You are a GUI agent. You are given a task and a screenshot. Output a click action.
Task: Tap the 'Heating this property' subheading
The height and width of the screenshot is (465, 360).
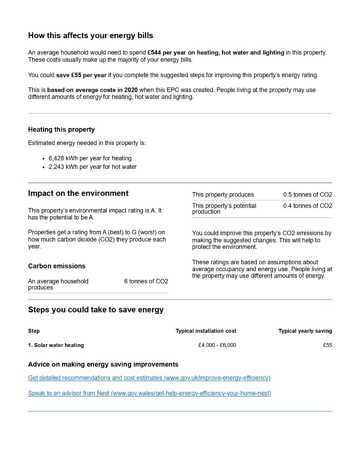point(61,129)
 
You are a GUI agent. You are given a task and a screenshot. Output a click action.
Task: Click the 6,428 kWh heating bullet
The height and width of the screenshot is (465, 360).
point(90,158)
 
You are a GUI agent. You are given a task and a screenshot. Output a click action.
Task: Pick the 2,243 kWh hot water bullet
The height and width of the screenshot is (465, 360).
point(93,167)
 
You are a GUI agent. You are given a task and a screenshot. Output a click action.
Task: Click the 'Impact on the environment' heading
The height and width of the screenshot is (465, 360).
point(78,193)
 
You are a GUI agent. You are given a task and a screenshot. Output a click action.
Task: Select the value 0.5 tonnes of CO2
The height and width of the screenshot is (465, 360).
point(307,195)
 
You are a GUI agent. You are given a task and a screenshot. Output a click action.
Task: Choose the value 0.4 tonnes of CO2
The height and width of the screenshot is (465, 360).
point(307,206)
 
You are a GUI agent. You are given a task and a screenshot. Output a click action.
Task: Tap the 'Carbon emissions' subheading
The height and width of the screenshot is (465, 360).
point(57,266)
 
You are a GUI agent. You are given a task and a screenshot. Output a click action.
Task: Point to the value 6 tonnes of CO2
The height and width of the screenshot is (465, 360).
point(146,282)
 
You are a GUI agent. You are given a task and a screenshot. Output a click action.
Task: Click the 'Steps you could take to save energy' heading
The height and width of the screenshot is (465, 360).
point(96,310)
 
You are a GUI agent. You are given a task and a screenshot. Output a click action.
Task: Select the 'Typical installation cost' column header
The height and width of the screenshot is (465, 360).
point(206,331)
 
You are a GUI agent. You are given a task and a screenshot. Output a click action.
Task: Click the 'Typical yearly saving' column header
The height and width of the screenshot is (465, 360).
point(305,331)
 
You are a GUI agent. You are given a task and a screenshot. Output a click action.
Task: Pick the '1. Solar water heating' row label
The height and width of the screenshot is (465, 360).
point(56,345)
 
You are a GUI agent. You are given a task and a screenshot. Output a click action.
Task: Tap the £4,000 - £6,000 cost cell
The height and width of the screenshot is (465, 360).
point(217,345)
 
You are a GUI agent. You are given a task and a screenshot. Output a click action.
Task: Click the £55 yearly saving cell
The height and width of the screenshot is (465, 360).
point(327,345)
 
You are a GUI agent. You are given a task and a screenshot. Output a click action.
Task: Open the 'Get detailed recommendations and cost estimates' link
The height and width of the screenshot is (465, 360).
point(149,378)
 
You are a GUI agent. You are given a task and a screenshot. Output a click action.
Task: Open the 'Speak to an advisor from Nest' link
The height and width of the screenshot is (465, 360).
point(149,393)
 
